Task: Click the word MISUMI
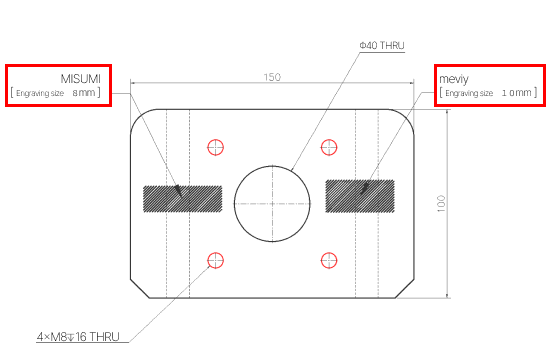[x=80, y=79]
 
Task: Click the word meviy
[x=454, y=79]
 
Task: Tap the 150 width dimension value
[x=272, y=77]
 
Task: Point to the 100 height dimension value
[x=441, y=204]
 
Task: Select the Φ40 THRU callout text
[x=382, y=46]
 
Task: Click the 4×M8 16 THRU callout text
[x=78, y=337]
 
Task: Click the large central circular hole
[x=272, y=166]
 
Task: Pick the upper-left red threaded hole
[x=215, y=147]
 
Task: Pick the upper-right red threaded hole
[x=329, y=147]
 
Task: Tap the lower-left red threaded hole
[x=215, y=260]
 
